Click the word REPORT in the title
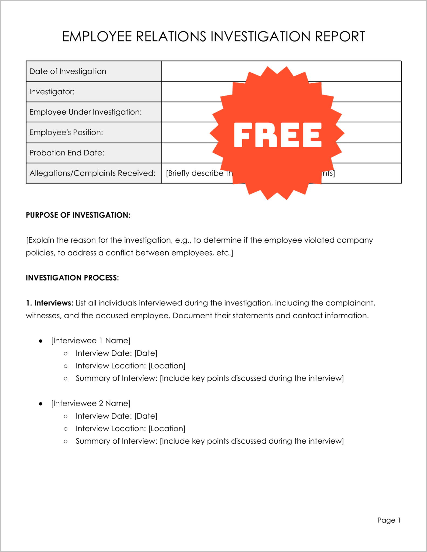(x=340, y=37)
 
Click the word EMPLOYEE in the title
(x=97, y=37)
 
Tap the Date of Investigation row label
(x=68, y=71)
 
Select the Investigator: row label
(x=52, y=92)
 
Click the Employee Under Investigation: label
(x=85, y=112)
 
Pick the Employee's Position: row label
(x=66, y=132)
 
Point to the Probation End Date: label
(x=67, y=153)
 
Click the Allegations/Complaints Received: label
(x=92, y=173)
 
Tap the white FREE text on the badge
(x=277, y=135)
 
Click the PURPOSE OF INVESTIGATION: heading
(x=78, y=215)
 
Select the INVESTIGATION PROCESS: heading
(x=72, y=278)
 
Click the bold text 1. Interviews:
(x=50, y=303)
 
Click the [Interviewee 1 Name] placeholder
(x=91, y=341)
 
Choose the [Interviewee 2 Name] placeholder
(x=91, y=403)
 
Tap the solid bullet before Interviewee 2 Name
(x=41, y=404)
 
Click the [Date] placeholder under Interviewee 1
(x=146, y=353)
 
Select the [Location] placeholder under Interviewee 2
(x=167, y=429)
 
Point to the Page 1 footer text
(x=389, y=520)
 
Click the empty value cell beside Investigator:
(x=194, y=92)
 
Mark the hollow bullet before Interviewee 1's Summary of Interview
(x=66, y=379)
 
